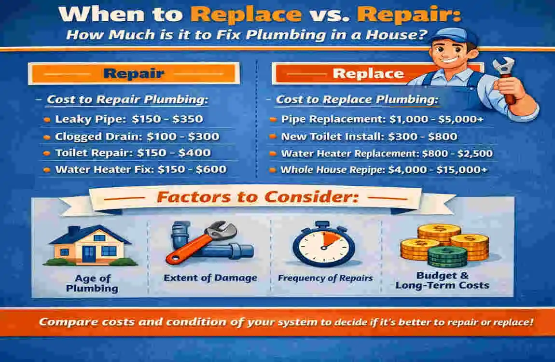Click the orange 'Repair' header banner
(133, 74)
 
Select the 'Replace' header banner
(368, 74)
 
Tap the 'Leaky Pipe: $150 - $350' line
(129, 119)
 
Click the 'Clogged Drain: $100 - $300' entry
(137, 136)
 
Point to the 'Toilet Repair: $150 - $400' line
(133, 153)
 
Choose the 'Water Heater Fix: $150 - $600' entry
(140, 169)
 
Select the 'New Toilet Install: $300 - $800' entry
(369, 136)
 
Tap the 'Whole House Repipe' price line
(384, 169)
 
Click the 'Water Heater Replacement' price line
(387, 153)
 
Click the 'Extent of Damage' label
(210, 278)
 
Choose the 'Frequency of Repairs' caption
(325, 278)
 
